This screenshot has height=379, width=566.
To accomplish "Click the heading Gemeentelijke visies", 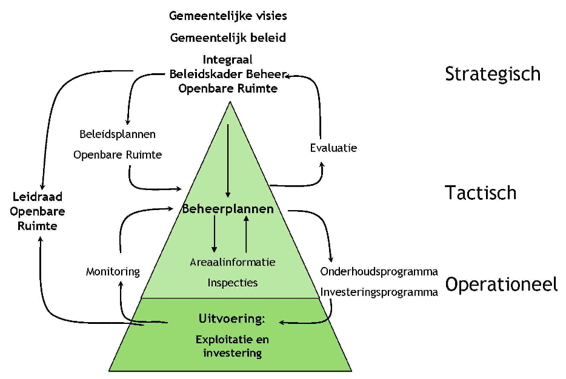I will (x=228, y=15).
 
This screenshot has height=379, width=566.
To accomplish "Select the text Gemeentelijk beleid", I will (x=228, y=38).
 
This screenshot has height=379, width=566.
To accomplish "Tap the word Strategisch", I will (x=492, y=74).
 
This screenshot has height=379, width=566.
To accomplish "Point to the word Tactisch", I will (x=481, y=193).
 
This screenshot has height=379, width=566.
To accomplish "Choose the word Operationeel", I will (x=501, y=285).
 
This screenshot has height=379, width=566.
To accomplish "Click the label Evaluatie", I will (x=333, y=148).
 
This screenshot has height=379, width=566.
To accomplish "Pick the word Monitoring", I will (x=113, y=272).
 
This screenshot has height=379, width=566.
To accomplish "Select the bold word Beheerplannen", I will (x=228, y=209).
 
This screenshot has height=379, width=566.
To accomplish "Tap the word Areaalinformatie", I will (x=233, y=262).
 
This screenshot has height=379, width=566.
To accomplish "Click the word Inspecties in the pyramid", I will (x=233, y=283).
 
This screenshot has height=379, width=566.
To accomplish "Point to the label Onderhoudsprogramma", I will (x=379, y=271).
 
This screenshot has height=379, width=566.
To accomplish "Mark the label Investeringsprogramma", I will (x=379, y=292).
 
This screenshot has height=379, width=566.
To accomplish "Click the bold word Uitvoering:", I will (x=232, y=318).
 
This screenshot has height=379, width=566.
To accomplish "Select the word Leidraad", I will (x=38, y=197).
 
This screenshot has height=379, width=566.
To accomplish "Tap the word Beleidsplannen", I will (x=118, y=134).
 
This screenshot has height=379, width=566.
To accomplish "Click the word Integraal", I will (x=228, y=60).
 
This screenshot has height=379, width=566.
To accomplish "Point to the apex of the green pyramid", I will (x=230, y=103).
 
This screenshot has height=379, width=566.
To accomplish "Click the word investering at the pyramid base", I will (x=233, y=352).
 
